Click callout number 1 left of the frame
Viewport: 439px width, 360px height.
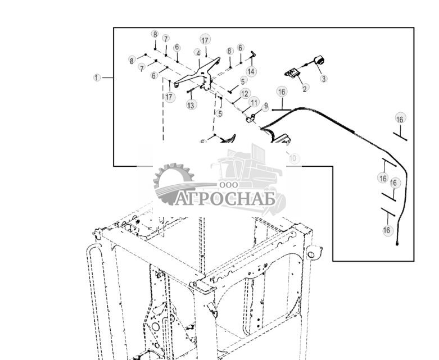tap(97, 78)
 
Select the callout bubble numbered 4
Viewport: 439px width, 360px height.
tap(198, 53)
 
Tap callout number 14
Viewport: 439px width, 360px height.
tap(251, 72)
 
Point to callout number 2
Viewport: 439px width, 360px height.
tap(305, 88)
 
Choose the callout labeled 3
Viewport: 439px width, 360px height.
tap(324, 79)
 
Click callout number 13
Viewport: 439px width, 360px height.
tap(192, 105)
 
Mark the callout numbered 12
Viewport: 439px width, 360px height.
tap(245, 94)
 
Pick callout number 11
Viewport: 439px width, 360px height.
tap(254, 103)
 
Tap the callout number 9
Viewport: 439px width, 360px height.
tap(266, 106)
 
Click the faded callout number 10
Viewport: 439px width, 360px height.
tap(293, 159)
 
